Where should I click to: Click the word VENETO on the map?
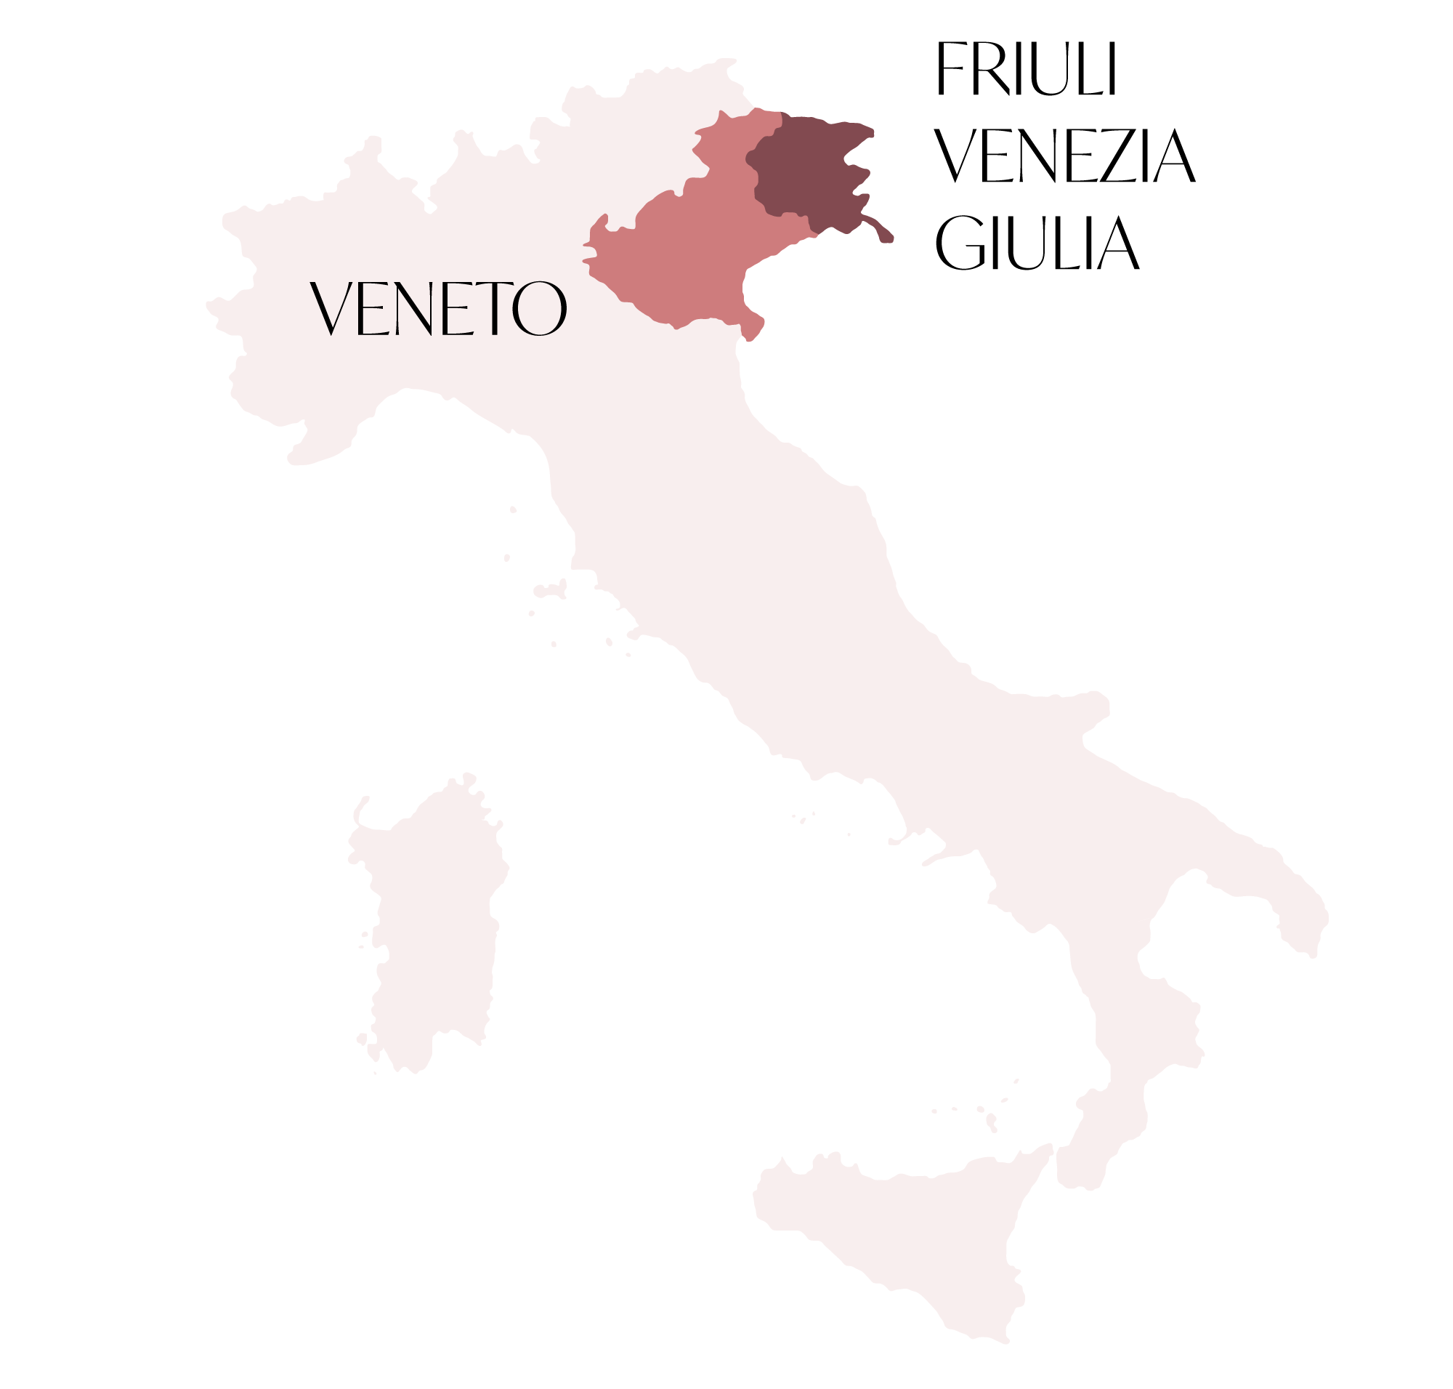point(437,309)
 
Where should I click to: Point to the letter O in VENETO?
point(541,310)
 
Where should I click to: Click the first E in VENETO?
point(371,310)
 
